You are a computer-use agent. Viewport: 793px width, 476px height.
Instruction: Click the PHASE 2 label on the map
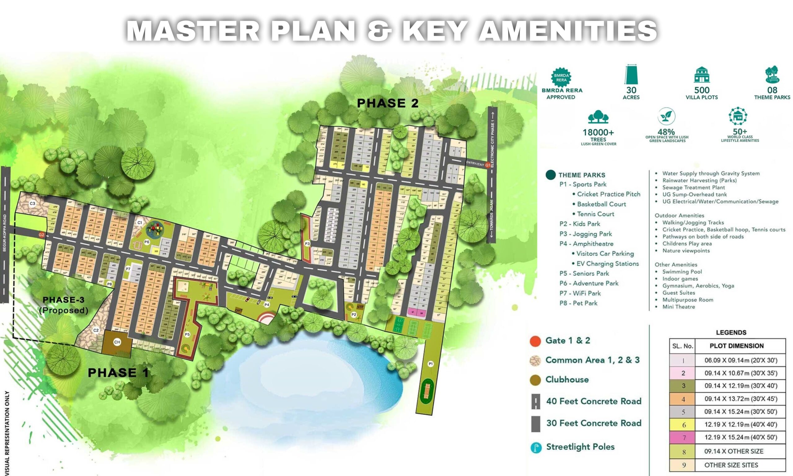coord(388,103)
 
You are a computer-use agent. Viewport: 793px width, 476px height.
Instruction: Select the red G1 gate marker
coord(488,165)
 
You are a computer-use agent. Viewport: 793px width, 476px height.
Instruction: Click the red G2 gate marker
coord(41,235)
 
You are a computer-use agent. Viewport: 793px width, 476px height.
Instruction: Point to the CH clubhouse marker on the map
coord(117,342)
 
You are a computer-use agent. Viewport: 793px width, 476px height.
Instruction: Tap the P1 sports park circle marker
coord(431,364)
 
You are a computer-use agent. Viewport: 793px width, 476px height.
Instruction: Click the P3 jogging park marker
coord(307,244)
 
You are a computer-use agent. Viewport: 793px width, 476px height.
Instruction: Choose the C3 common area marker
coord(33,203)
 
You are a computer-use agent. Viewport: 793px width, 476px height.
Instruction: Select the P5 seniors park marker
coord(187,334)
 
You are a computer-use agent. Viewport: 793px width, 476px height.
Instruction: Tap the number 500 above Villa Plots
coord(702,90)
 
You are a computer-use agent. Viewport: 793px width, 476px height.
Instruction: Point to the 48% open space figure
coord(666,132)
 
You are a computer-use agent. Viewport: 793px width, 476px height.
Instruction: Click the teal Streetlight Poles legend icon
coord(536,447)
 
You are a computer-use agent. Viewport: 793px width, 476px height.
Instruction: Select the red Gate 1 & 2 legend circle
coord(535,341)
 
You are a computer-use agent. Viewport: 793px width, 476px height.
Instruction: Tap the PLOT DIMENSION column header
coord(736,346)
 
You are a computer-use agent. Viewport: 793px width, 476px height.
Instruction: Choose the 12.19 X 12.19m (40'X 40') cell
coord(740,425)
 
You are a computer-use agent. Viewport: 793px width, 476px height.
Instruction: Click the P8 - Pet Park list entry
coord(578,303)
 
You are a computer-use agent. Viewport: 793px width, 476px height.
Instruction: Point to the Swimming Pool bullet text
coord(682,272)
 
